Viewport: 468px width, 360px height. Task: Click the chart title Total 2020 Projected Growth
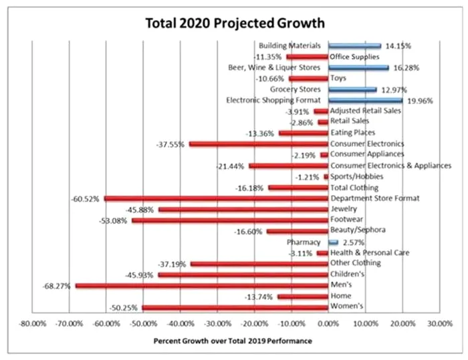235,22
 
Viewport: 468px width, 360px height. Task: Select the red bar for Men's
201,285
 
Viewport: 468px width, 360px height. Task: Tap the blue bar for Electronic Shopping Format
364,100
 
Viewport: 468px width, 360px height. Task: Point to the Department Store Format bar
216,198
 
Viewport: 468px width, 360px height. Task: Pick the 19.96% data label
421,101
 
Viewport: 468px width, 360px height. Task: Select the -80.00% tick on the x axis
31,322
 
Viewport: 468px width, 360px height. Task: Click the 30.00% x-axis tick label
438,322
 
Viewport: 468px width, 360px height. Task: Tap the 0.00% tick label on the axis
328,322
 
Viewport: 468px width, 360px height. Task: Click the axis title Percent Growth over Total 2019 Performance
233,341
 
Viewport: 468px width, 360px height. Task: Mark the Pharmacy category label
304,242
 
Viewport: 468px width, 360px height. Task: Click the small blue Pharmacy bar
333,242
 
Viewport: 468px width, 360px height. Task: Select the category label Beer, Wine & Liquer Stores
275,67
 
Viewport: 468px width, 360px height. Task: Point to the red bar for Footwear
229,220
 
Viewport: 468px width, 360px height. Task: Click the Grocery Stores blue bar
352,89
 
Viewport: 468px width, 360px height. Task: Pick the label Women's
347,307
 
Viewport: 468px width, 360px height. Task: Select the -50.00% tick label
142,322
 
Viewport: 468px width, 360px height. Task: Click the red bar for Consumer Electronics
258,144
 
